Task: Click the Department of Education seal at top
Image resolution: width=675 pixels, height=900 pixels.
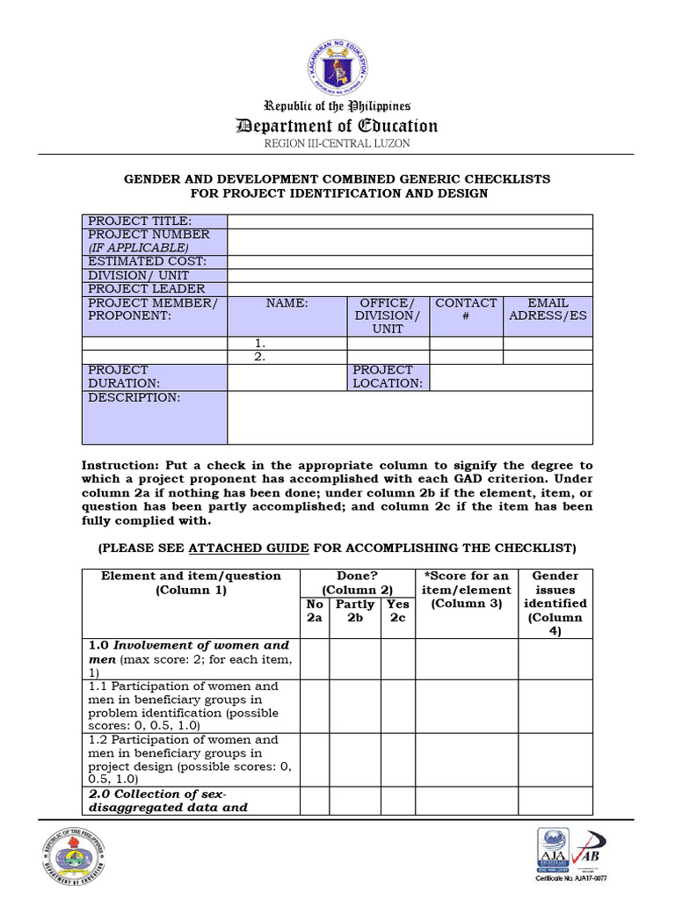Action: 337,58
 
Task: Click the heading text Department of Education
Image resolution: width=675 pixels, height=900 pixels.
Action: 337,126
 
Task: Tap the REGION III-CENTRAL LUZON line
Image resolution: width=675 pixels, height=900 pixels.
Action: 337,143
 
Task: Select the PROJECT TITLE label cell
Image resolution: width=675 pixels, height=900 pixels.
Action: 155,221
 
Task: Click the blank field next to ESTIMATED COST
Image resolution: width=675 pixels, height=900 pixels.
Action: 410,262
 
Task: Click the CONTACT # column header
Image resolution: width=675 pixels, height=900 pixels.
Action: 466,309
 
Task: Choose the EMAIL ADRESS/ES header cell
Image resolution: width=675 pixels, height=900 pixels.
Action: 548,309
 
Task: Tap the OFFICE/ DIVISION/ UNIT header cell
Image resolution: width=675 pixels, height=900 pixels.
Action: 388,316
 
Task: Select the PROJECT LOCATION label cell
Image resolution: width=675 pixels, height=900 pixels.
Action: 388,377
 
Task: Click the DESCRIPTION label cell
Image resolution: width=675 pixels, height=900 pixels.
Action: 155,417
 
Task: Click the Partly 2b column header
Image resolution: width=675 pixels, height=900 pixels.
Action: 355,611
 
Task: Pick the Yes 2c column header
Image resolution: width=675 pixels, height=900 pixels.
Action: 398,611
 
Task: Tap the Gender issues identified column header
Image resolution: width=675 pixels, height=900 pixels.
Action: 555,603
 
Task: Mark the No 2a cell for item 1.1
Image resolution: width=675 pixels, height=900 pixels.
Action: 315,706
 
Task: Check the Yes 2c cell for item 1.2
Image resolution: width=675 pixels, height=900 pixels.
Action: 398,759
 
